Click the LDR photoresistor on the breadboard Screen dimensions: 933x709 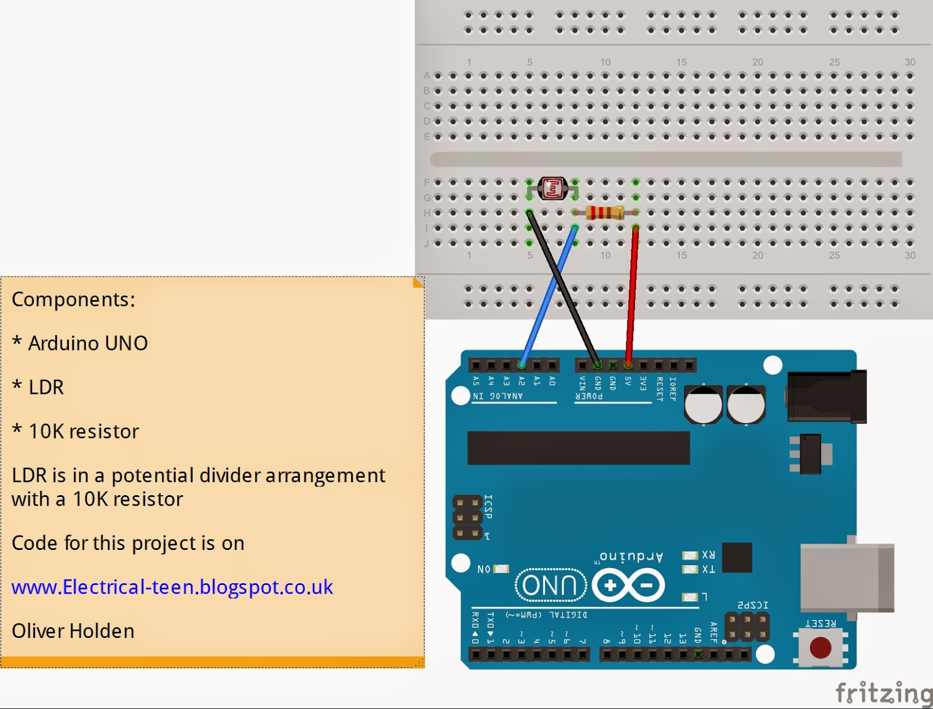(x=552, y=188)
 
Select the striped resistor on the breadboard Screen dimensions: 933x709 (x=605, y=213)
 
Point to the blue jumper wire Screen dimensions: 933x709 (x=548, y=297)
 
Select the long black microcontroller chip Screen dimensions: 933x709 (x=578, y=447)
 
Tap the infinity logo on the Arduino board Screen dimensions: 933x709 (x=628, y=585)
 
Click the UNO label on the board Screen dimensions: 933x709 (x=549, y=585)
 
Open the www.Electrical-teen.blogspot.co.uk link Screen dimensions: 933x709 (x=172, y=587)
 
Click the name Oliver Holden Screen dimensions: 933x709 (x=73, y=631)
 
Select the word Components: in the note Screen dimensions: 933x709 (x=73, y=299)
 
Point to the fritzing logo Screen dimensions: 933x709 (x=883, y=693)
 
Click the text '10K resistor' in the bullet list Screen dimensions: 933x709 (x=84, y=432)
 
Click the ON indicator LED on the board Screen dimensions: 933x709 (x=501, y=569)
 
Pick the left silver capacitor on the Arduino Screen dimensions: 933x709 (x=703, y=404)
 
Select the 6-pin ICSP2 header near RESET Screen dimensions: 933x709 (x=746, y=627)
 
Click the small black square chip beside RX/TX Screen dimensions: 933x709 (x=736, y=558)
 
